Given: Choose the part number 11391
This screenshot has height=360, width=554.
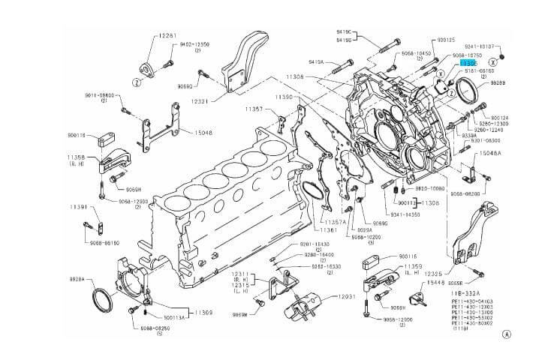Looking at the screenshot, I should pos(80,206).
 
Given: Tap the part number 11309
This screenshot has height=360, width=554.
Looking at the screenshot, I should pos(203,311).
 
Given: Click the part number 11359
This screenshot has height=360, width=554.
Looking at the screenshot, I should pos(414,266).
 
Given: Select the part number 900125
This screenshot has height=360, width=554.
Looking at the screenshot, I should pos(446,39).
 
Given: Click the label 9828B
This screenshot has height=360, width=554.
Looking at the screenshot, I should pos(498,83).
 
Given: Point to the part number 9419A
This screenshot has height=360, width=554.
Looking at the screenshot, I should pos(316,62).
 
